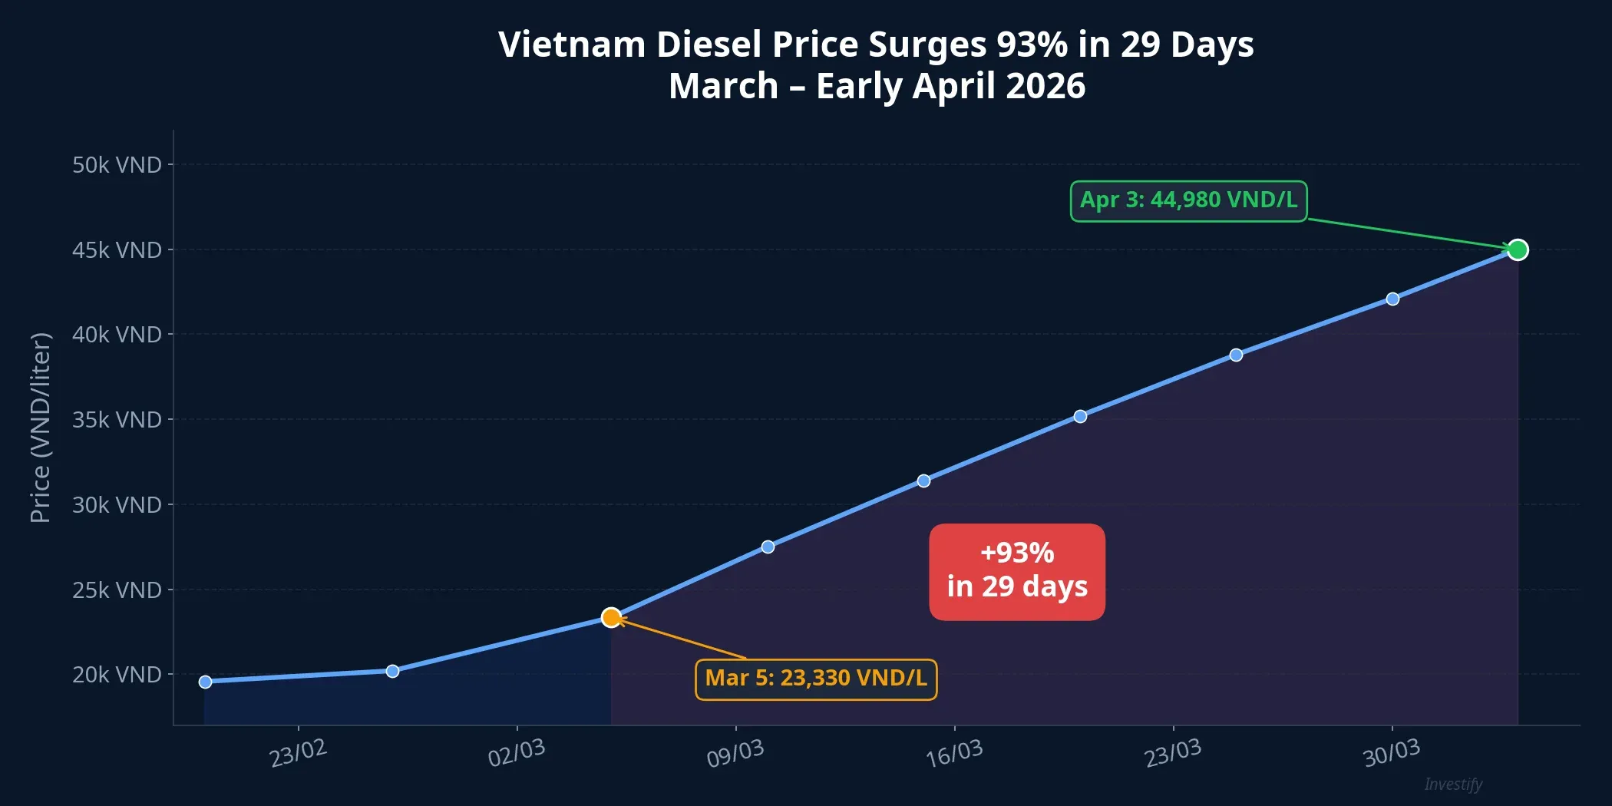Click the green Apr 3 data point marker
pos(1517,249)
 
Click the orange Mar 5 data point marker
pos(611,617)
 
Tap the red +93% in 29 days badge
pos(1016,572)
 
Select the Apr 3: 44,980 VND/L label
pos(1188,201)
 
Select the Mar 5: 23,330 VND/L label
pos(816,679)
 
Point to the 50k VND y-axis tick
pos(117,165)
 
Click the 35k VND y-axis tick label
pos(117,420)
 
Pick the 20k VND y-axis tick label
pos(117,675)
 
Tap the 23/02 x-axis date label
pos(298,753)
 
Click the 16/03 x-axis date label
pos(953,753)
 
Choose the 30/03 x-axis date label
pos(1391,753)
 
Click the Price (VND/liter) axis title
pos(41,428)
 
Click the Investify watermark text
pos(1453,784)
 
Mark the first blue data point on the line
pos(205,682)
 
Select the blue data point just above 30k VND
pos(923,481)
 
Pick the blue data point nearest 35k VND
pos(1080,416)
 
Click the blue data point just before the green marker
pos(1392,299)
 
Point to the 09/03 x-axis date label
pos(735,753)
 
